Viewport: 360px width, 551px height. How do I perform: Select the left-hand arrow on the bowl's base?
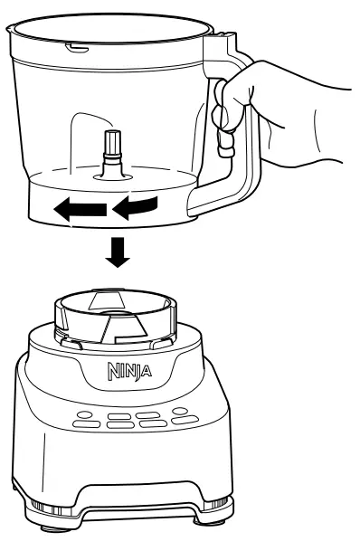tap(79, 211)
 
